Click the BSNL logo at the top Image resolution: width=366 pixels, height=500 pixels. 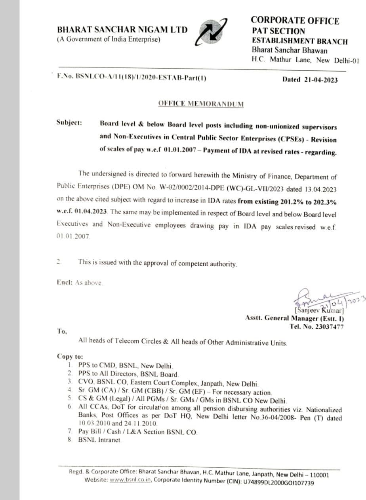[212, 31]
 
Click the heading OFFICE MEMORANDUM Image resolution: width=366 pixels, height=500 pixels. [201, 104]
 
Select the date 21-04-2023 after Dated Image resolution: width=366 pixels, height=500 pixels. [321, 79]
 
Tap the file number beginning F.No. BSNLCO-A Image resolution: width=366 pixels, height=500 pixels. [132, 78]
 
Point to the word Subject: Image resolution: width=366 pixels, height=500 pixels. [69, 123]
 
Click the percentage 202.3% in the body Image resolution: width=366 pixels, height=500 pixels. [323, 202]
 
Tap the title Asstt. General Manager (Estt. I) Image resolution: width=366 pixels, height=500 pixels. [295, 318]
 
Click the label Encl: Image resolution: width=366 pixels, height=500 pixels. [65, 283]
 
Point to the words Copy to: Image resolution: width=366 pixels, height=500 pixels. [70, 356]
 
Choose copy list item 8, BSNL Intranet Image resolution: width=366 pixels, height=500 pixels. [99, 440]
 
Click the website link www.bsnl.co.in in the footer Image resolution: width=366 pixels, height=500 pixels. [131, 483]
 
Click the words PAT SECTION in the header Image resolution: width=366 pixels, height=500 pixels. [278, 31]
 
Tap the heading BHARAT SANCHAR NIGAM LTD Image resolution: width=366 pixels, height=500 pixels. [122, 30]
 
